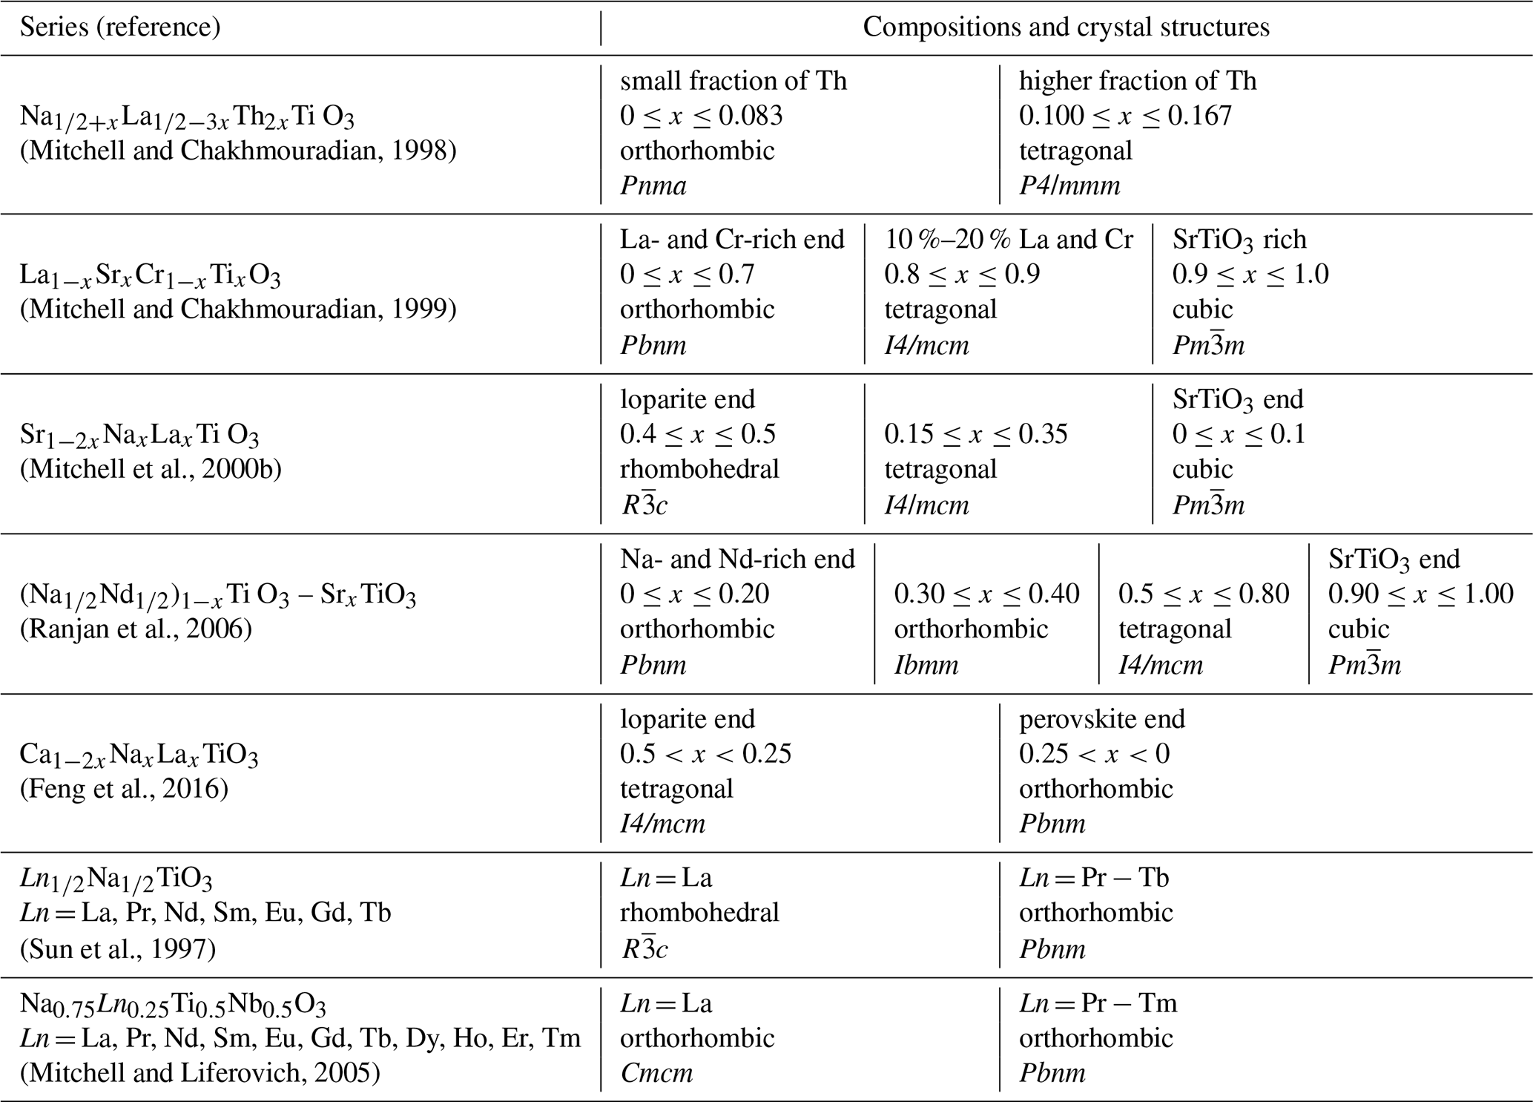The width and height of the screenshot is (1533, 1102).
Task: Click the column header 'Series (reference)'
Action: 120,27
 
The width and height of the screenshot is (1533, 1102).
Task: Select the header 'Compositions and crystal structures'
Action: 1066,27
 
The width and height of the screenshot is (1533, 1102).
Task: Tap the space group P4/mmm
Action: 1069,186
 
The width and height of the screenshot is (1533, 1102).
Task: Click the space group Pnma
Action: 653,186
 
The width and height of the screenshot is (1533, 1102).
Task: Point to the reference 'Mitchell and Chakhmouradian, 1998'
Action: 238,151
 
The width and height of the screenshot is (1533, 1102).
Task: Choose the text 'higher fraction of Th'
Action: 1137,80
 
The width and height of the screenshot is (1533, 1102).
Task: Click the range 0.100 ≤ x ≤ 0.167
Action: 1124,116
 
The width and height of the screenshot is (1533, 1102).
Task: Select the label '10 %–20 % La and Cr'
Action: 1009,239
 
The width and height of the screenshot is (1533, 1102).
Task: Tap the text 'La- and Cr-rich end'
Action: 732,239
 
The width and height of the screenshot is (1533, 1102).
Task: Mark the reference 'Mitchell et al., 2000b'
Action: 151,469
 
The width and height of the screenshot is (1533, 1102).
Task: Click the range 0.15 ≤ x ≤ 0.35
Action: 975,434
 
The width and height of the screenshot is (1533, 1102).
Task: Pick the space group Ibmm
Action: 926,664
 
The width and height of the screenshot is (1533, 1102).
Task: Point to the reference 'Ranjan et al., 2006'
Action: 136,629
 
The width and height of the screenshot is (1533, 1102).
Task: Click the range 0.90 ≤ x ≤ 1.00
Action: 1420,594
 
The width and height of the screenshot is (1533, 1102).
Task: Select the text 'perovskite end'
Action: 1101,718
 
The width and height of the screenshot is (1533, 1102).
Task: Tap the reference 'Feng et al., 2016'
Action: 124,788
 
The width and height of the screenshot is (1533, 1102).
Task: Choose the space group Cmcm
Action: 656,1073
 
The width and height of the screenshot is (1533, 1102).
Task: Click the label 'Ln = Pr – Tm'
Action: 1098,1003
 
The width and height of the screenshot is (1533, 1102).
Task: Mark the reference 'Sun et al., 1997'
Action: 118,949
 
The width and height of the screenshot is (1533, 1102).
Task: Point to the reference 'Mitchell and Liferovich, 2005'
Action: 200,1073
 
